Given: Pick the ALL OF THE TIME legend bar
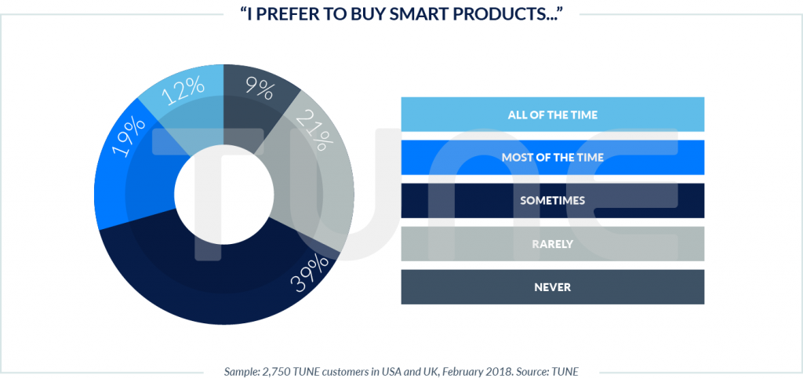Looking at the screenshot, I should pos(552,115).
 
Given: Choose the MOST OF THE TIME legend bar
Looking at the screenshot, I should pos(552,157).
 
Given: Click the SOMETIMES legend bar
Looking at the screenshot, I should pos(552,200).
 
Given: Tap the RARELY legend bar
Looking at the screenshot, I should pos(552,243).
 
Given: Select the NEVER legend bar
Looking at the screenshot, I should pos(552,286).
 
